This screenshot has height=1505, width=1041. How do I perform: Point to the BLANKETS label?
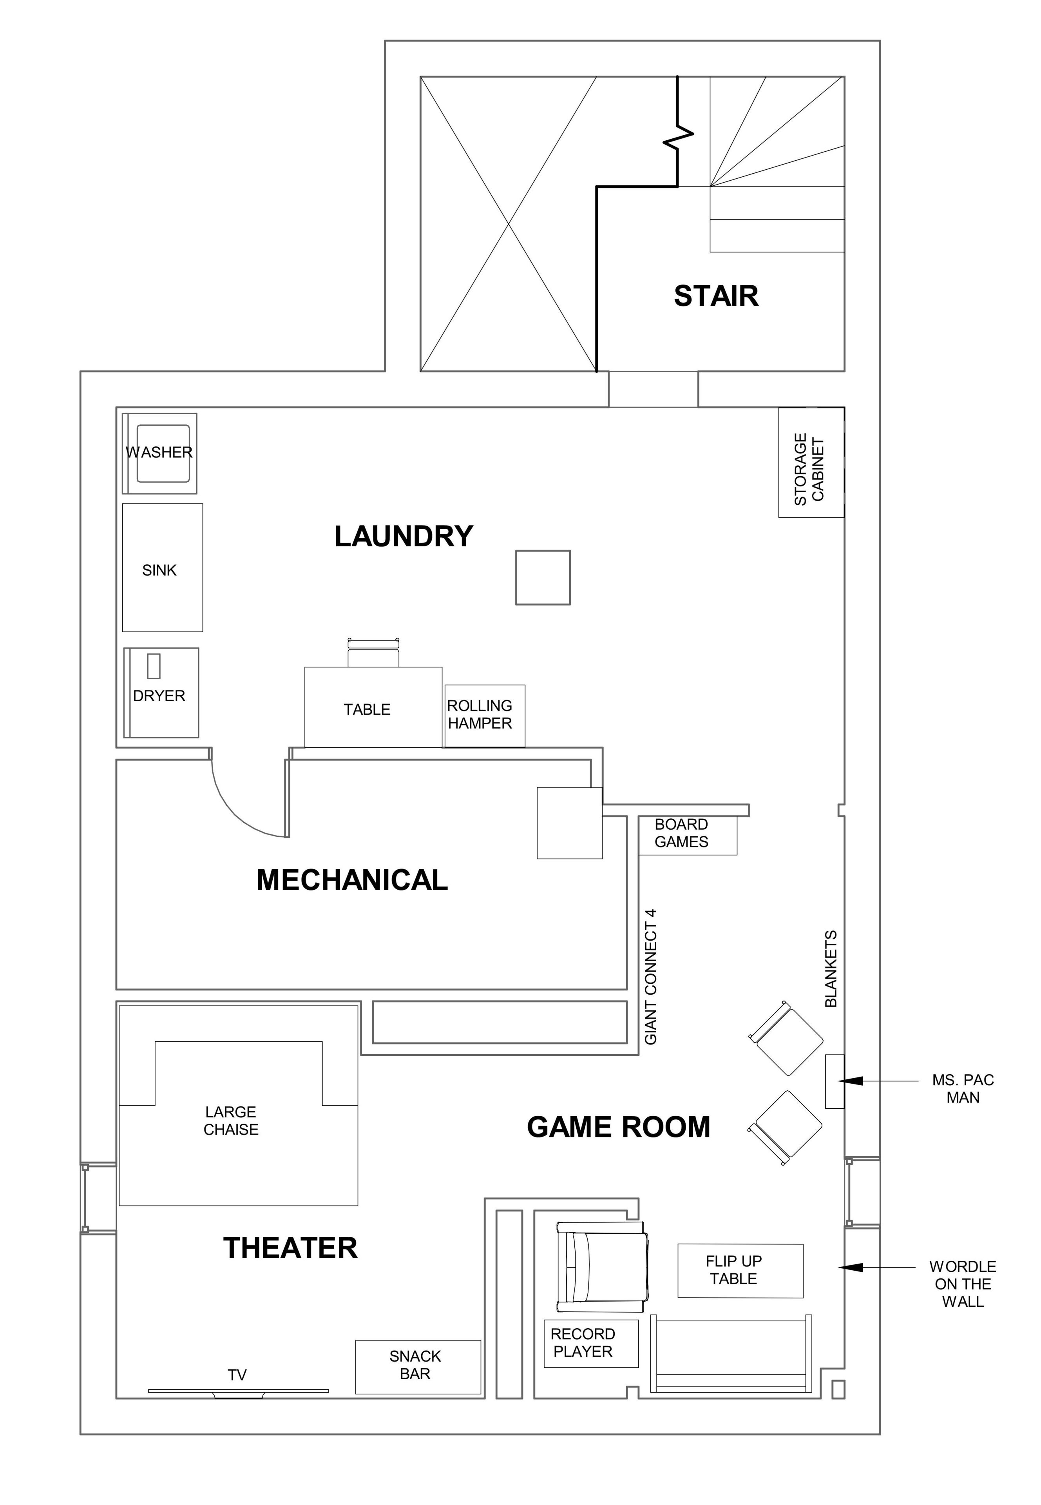point(831,969)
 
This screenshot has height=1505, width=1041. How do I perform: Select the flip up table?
point(740,1271)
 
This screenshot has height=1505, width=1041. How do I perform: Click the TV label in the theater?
point(237,1375)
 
